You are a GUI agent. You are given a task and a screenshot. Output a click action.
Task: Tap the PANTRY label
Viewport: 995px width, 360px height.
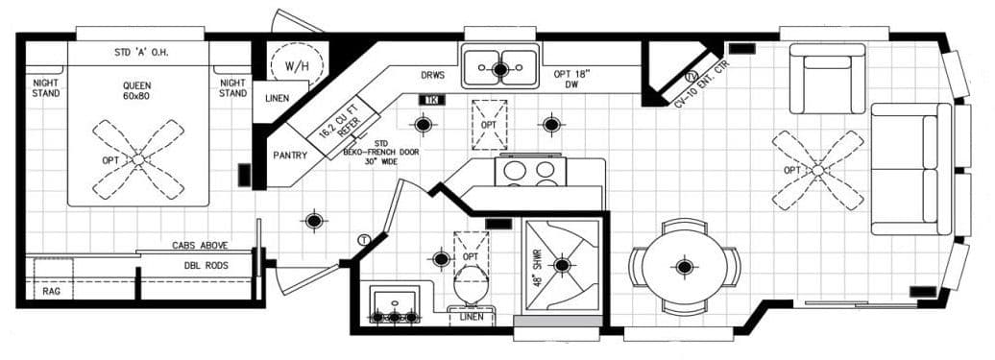pyautogui.click(x=289, y=154)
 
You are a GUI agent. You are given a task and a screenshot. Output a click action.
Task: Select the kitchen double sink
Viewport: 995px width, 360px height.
pyautogui.click(x=499, y=69)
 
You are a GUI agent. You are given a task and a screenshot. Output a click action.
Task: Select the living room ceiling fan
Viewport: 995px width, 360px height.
pyautogui.click(x=817, y=170)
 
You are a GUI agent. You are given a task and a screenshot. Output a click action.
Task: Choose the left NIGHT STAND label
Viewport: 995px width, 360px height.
pyautogui.click(x=45, y=88)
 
